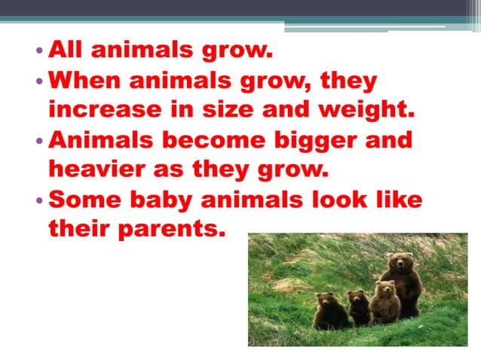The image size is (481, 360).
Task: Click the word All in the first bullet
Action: click(x=66, y=53)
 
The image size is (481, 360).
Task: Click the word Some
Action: click(x=81, y=200)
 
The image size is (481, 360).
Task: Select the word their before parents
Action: click(x=76, y=229)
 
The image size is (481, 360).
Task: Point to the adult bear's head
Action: click(x=399, y=263)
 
